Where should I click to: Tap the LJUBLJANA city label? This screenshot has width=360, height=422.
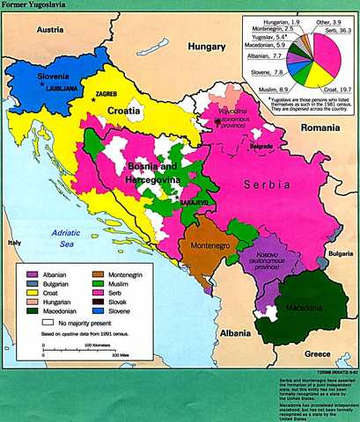61,89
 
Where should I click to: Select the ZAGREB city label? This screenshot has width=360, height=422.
107,93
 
